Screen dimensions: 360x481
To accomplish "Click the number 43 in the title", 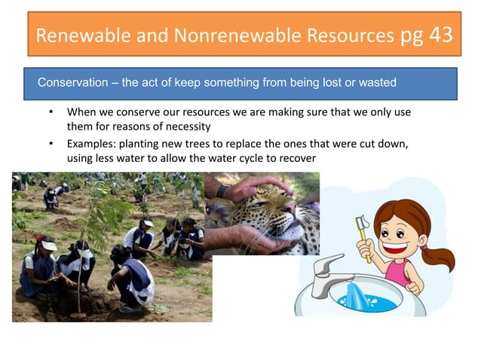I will [x=441, y=34].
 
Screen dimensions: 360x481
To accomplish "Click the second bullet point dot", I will [x=51, y=144].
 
